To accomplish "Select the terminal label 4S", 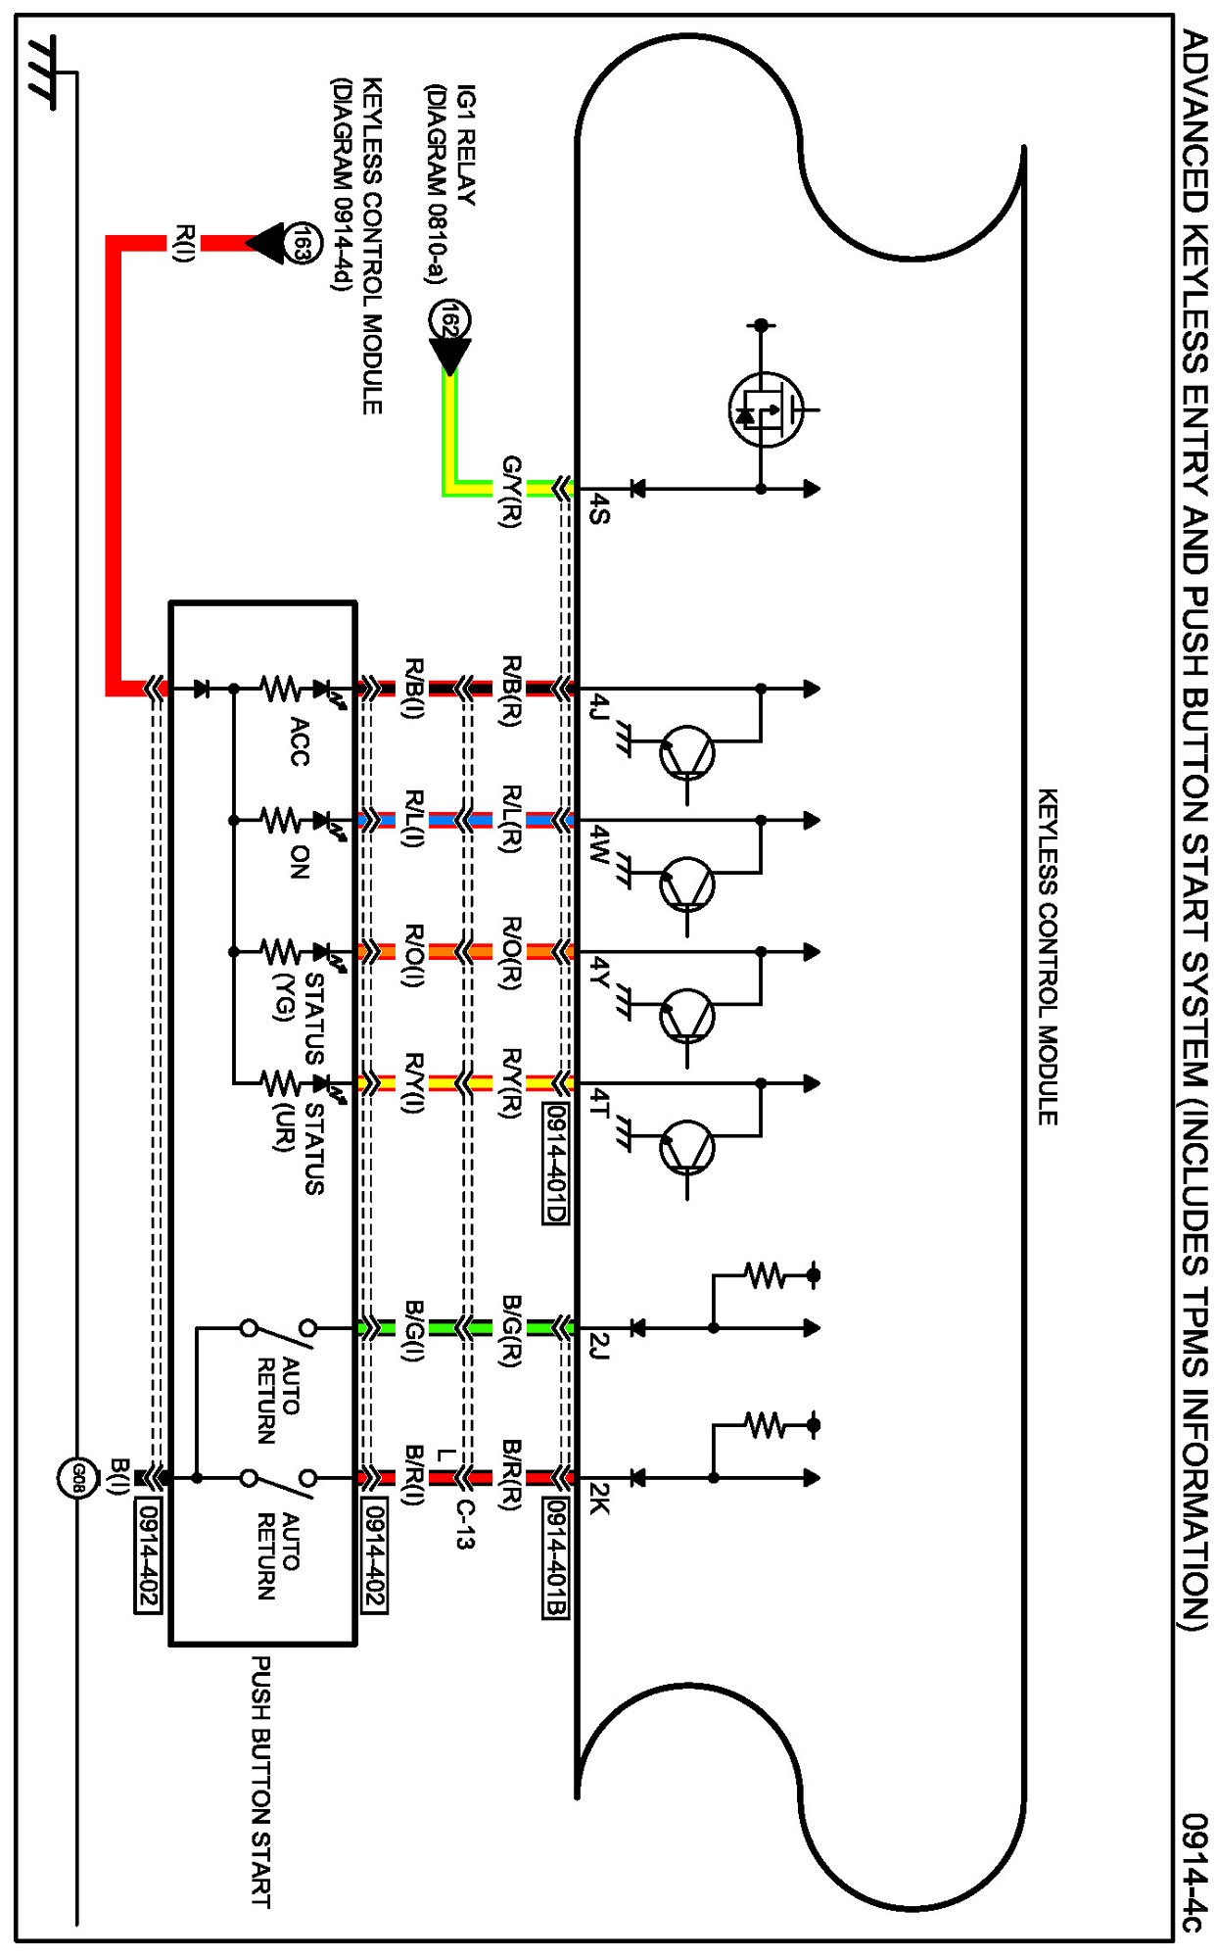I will click(600, 510).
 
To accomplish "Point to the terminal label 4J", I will click(600, 708).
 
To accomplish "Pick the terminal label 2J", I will click(600, 1348).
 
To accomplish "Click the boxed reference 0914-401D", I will click(555, 1163).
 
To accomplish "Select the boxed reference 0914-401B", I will click(555, 1558).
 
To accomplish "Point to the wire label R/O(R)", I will click(511, 954).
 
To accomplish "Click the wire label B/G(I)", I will click(414, 1331).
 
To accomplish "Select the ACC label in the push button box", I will click(300, 741).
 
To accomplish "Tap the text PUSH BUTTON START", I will click(261, 1782).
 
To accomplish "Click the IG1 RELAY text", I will click(467, 145).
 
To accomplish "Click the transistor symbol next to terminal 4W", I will click(687, 884).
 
